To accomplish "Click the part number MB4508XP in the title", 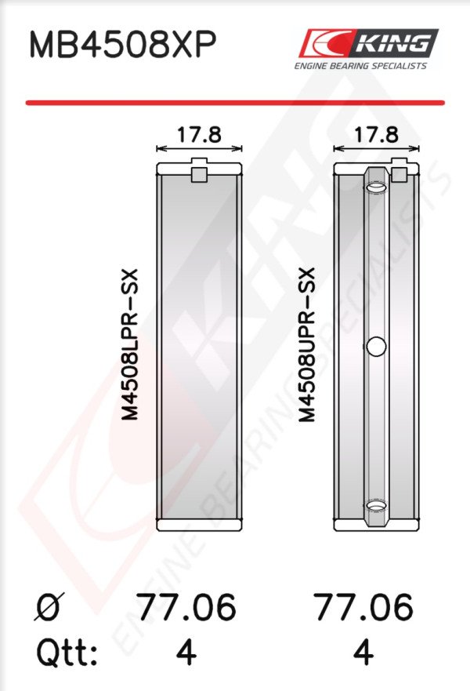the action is click(x=123, y=45).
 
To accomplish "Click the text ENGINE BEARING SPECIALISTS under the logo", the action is click(x=360, y=66).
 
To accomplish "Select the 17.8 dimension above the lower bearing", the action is click(x=199, y=134).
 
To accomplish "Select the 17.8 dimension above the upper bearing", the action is click(x=376, y=134).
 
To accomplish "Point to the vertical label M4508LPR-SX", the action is click(x=130, y=344).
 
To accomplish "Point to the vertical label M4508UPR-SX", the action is click(x=307, y=344).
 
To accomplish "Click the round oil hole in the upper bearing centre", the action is click(x=376, y=347).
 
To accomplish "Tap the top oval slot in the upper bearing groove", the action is click(x=376, y=188).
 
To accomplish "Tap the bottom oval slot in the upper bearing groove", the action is click(x=376, y=505).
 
